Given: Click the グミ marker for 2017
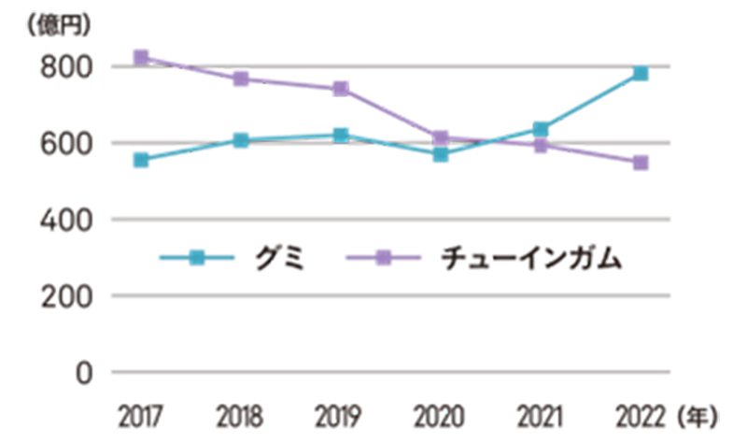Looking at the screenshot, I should pyautogui.click(x=141, y=160).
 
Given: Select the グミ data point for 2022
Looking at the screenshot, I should pyautogui.click(x=641, y=73).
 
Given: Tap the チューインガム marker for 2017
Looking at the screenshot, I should pyautogui.click(x=141, y=57).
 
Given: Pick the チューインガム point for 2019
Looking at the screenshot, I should pyautogui.click(x=341, y=89).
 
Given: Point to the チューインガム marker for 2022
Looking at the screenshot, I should pyautogui.click(x=641, y=163).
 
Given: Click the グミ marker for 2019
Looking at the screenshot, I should pyautogui.click(x=341, y=136).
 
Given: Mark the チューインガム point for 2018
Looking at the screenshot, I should pyautogui.click(x=241, y=79).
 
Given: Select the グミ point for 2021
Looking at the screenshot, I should pyautogui.click(x=541, y=129).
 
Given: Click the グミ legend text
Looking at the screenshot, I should pyautogui.click(x=279, y=258).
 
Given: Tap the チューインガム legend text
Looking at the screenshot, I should pyautogui.click(x=529, y=258).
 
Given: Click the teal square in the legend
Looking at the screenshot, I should pyautogui.click(x=196, y=258).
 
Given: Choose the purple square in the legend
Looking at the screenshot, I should pyautogui.click(x=383, y=258).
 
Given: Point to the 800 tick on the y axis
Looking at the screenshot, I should pyautogui.click(x=65, y=67).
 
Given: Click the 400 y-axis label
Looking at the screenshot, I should pyautogui.click(x=65, y=220).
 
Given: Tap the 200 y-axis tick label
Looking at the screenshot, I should pyautogui.click(x=65, y=296).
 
